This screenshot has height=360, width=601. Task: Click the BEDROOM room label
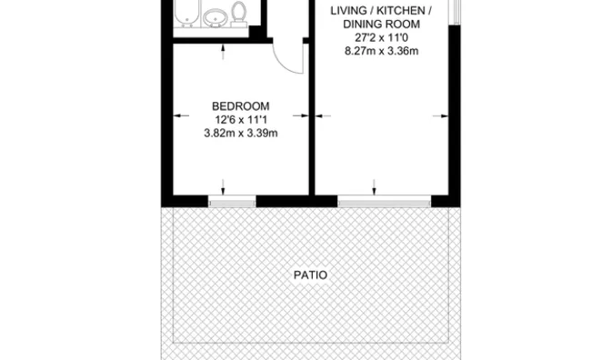pos(241,106)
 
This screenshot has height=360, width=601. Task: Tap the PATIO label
pos(310,275)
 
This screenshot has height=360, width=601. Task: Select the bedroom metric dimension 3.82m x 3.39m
pos(241,134)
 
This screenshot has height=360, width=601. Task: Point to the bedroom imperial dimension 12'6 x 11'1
pos(241,120)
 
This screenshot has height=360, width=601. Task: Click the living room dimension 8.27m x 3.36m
pos(381,51)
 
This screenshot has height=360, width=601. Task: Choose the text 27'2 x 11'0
pos(381,37)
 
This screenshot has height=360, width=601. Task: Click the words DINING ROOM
pos(381,25)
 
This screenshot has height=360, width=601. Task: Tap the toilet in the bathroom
pos(239,15)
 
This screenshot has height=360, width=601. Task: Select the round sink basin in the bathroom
pos(215,17)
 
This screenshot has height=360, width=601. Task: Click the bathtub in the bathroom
pos(187,14)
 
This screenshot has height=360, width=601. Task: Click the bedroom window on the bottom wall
pos(232,201)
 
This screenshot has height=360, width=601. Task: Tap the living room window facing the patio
pos(384,201)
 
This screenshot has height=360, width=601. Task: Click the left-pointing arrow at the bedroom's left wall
pos(181,115)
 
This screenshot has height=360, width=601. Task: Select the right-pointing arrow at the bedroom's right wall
pos(301,115)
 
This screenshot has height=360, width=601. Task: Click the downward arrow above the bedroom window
pos(223,187)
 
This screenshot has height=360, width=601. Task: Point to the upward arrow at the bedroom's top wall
pos(223,52)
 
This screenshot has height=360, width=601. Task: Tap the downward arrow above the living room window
pos(374,187)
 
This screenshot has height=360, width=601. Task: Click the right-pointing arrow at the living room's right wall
pos(440,115)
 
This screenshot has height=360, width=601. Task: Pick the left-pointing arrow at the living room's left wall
pos(323,115)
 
